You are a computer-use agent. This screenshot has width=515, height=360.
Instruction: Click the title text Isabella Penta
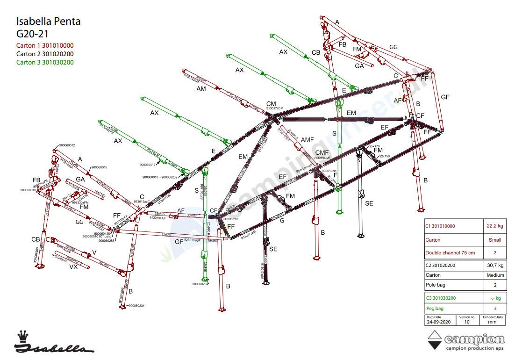click(x=48, y=21)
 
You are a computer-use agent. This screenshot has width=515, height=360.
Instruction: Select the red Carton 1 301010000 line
click(x=45, y=45)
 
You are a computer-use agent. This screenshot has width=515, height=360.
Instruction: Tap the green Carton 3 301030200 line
click(x=45, y=62)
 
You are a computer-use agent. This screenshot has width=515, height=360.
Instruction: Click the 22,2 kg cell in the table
click(x=495, y=226)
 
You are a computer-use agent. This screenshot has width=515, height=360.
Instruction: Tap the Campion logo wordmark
click(x=474, y=339)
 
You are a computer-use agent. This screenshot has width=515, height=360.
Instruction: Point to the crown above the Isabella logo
click(x=22, y=336)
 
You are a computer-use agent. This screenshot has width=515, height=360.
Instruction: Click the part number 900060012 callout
click(x=67, y=145)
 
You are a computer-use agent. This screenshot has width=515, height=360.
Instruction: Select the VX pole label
click(x=73, y=267)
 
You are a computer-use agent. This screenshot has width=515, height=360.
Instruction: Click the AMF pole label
click(x=308, y=140)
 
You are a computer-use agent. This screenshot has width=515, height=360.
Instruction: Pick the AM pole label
click(x=201, y=88)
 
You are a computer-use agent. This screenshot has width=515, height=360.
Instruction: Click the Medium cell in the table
click(x=495, y=275)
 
